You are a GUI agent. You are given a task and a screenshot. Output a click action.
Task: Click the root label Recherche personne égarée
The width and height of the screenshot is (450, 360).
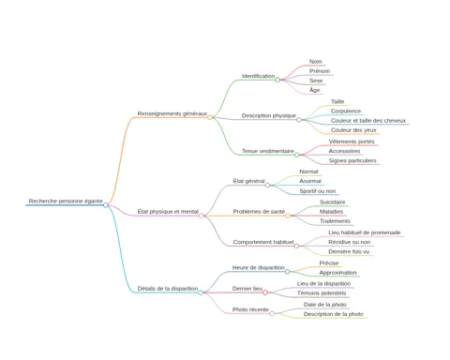[66, 202]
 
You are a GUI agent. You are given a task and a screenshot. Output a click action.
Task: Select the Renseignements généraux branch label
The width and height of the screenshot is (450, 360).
[172, 113]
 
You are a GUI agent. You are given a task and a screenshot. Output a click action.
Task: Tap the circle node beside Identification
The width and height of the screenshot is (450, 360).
[277, 80]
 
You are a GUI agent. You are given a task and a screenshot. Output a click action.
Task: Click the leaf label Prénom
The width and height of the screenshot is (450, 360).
[320, 71]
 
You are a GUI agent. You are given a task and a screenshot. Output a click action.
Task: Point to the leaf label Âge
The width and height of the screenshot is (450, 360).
[315, 90]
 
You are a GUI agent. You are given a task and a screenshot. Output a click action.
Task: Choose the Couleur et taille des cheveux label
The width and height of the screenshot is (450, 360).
[368, 121]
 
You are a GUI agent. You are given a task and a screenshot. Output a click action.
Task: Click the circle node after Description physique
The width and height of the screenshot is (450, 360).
[299, 120]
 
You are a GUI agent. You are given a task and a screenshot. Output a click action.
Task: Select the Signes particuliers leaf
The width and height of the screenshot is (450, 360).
[352, 161]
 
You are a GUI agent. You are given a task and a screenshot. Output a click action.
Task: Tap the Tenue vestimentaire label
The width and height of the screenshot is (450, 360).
[268, 151]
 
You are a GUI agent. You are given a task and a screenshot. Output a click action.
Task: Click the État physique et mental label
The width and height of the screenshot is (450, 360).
[168, 212]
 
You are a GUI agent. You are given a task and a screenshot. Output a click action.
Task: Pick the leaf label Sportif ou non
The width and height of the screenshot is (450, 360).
[318, 191]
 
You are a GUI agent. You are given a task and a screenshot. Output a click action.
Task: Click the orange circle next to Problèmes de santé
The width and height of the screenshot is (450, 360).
[288, 216]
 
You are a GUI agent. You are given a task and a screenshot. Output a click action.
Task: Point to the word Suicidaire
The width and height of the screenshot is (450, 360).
[333, 202]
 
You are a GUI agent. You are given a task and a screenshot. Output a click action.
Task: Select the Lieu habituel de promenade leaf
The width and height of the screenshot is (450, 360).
[365, 232]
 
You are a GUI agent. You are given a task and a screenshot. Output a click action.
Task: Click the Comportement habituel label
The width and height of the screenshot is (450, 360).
[263, 242]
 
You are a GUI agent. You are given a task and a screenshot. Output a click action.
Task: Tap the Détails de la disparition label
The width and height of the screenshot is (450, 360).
[168, 289]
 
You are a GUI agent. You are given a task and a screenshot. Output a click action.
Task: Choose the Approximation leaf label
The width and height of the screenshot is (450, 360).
[337, 273]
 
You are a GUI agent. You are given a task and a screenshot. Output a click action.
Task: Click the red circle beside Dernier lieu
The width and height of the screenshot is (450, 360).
[265, 292]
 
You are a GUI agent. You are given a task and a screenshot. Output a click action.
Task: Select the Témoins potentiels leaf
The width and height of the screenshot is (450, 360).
[322, 293]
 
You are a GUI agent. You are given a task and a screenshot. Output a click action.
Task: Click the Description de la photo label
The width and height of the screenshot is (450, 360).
[334, 314]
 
